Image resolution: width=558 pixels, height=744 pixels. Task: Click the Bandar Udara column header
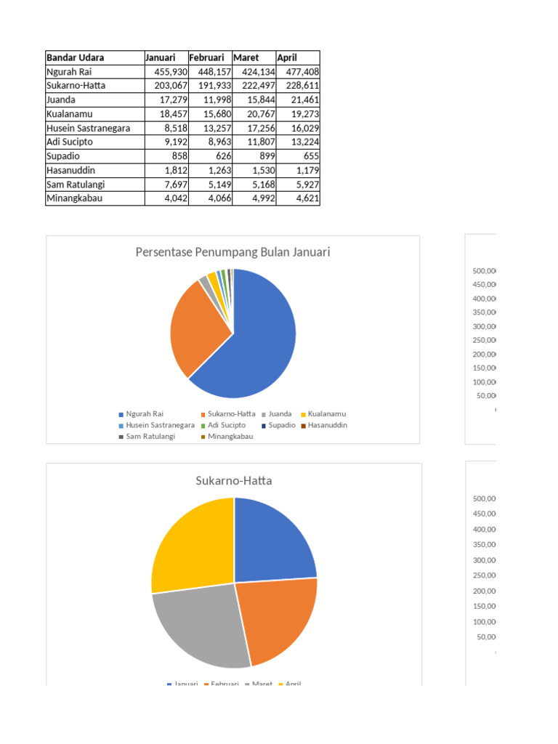pos(75,57)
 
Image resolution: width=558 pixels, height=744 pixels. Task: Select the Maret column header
pos(246,57)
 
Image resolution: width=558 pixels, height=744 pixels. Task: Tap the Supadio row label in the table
pos(64,156)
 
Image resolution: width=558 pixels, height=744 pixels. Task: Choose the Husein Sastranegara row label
pos(88,128)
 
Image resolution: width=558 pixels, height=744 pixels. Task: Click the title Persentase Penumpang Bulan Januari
pos(232,252)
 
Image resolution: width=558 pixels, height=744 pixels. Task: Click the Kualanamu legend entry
pos(326,414)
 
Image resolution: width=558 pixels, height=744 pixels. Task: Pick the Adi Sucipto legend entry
pos(226,425)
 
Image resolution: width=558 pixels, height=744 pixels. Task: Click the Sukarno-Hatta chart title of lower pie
pos(234,480)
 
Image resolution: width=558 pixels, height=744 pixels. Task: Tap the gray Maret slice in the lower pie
pos(203,625)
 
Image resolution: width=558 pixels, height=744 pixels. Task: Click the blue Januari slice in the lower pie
pos(272,541)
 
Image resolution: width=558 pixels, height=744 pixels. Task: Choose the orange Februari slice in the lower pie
pos(276,618)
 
